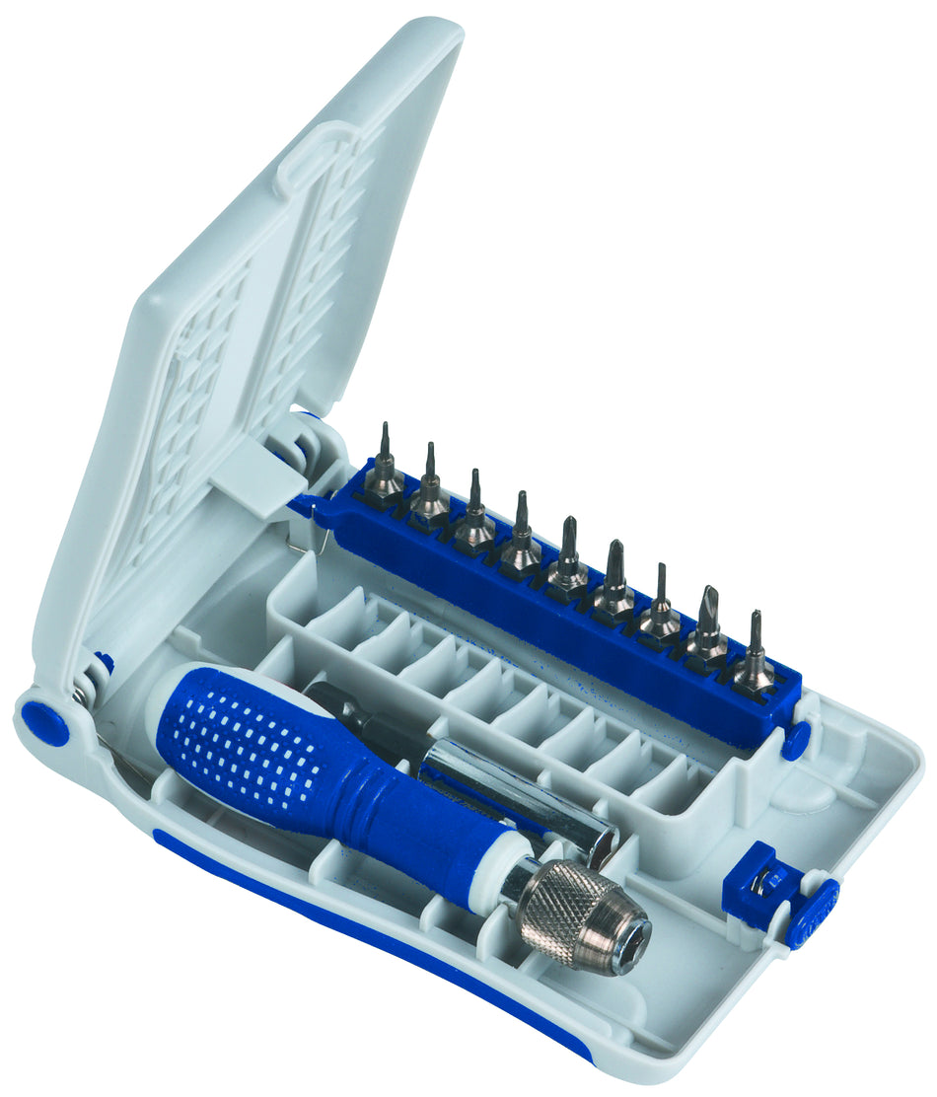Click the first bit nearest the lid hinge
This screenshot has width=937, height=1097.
tap(385, 469)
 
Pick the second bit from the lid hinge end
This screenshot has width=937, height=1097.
tap(430, 489)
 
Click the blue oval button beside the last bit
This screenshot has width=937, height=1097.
tap(795, 740)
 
